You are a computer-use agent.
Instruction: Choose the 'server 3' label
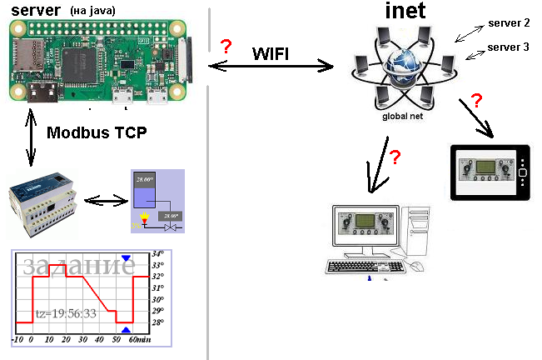pyautogui.click(x=508, y=47)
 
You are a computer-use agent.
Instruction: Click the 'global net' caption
pyautogui.click(x=403, y=117)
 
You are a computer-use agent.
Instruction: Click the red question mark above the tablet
pyautogui.click(x=476, y=102)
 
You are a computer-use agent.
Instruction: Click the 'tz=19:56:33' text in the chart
pyautogui.click(x=66, y=313)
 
